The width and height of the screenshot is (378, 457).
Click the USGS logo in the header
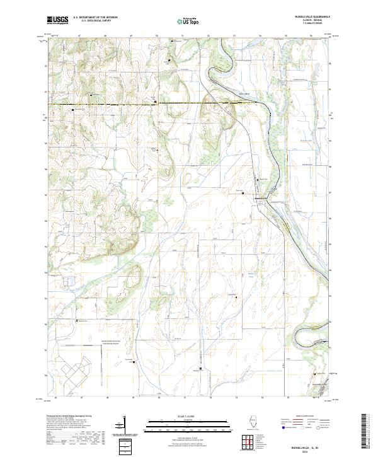coord(57,20)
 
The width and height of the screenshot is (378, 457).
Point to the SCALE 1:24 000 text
coord(186,417)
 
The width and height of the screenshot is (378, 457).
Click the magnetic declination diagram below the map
coord(123,429)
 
